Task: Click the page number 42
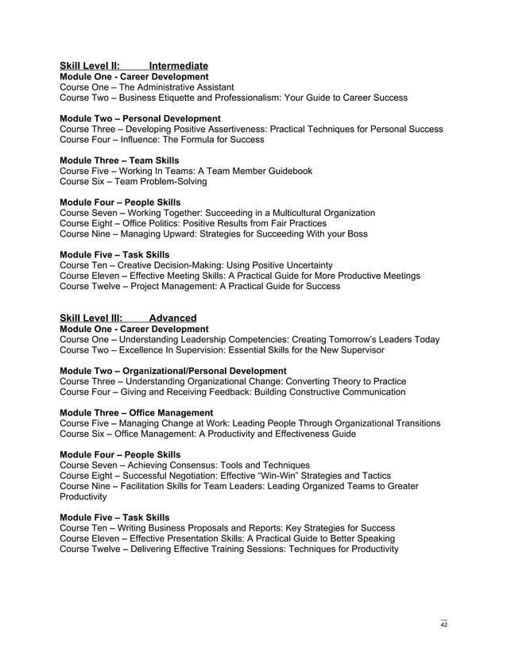tap(444, 625)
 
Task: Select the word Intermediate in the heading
tap(179, 65)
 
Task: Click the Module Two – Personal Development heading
tap(140, 118)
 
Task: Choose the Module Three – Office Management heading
tap(136, 412)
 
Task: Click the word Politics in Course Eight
tap(162, 223)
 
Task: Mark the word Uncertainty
tap(304, 265)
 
